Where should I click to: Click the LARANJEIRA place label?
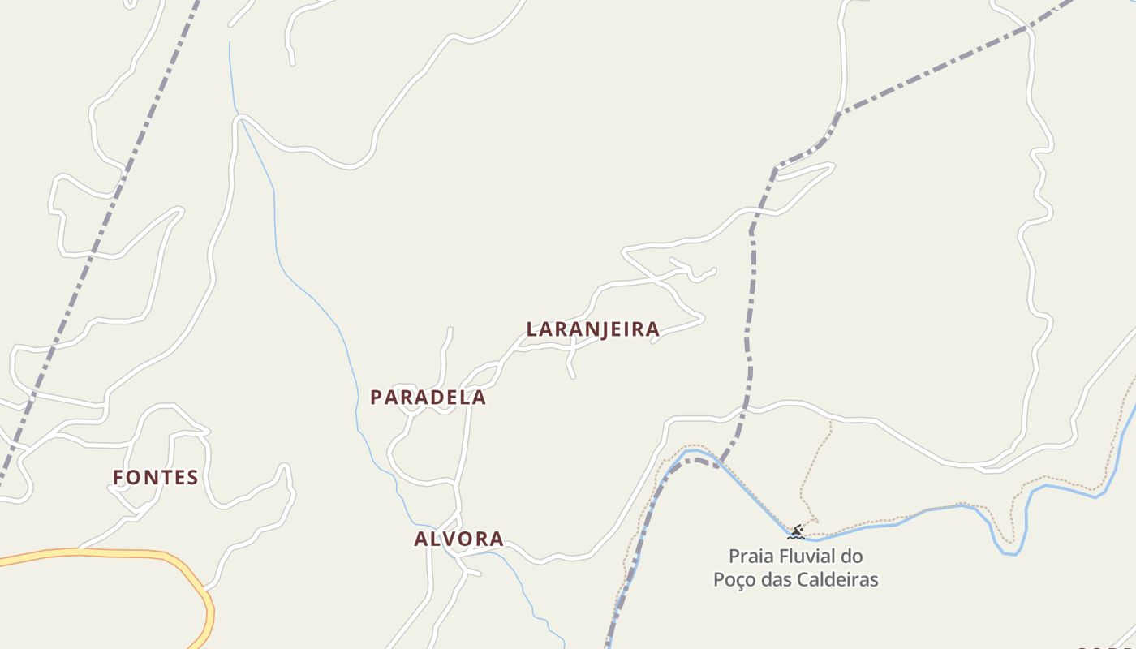click(x=592, y=329)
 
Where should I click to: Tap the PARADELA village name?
click(x=428, y=398)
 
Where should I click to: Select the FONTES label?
click(x=156, y=478)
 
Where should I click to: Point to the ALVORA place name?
click(x=458, y=539)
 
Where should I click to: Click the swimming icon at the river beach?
click(x=796, y=532)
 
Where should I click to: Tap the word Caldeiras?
click(x=843, y=579)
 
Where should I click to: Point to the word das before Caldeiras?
click(x=782, y=579)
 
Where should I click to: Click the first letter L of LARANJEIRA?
click(x=532, y=329)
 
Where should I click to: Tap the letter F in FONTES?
click(x=118, y=478)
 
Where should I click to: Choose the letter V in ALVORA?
click(x=448, y=539)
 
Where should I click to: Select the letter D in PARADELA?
click(x=437, y=398)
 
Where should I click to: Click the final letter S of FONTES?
click(x=193, y=478)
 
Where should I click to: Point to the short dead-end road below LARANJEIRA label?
click(x=570, y=365)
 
